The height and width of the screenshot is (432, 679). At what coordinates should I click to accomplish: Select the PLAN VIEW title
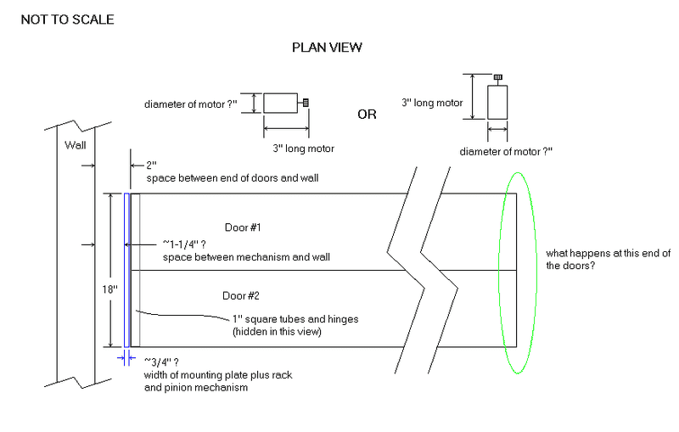pyautogui.click(x=327, y=48)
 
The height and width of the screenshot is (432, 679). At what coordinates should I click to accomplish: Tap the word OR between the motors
pyautogui.click(x=367, y=115)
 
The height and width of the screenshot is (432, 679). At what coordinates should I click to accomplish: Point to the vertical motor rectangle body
pyautogui.click(x=497, y=103)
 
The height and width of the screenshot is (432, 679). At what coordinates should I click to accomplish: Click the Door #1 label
pyautogui.click(x=244, y=227)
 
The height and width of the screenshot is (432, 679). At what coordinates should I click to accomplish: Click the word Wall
pyautogui.click(x=76, y=145)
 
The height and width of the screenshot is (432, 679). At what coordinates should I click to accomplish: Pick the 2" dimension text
pyautogui.click(x=153, y=166)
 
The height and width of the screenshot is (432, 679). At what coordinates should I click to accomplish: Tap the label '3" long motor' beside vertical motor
pyautogui.click(x=432, y=103)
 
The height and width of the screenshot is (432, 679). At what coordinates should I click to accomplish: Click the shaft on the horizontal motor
pyautogui.click(x=305, y=103)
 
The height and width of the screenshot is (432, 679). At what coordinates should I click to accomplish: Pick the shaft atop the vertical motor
pyautogui.click(x=497, y=79)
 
